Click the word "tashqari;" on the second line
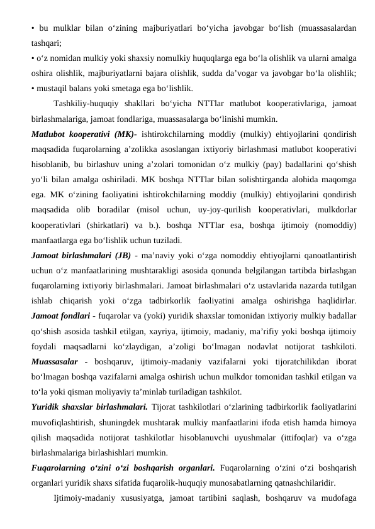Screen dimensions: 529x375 tap(46, 44)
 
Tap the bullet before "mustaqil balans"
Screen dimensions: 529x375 tap(33, 88)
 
